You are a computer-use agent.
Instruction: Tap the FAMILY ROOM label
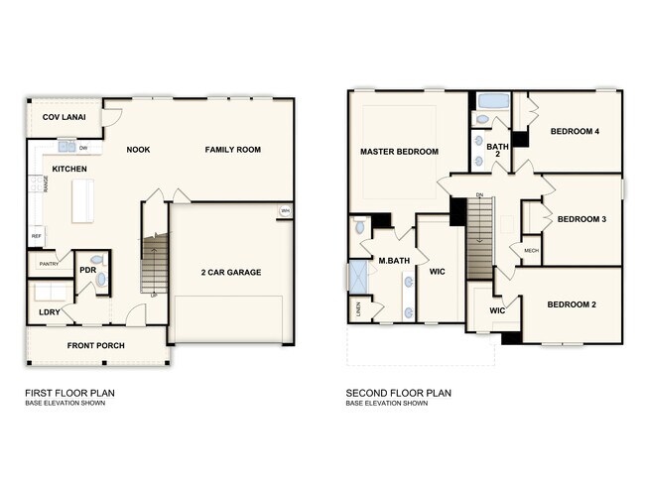tap(233, 150)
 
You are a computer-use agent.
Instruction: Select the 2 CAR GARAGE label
tap(231, 272)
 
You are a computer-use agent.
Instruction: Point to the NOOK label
tap(138, 150)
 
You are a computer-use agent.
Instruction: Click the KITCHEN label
tap(69, 170)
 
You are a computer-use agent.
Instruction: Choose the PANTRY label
tap(49, 264)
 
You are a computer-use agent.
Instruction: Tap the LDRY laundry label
tap(49, 312)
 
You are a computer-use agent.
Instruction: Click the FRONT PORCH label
tap(96, 346)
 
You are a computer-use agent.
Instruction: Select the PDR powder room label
tap(87, 270)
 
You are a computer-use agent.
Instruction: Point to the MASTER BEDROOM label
tap(400, 152)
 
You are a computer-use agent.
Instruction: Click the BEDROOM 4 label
tap(575, 131)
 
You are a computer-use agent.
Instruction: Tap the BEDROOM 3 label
tap(581, 219)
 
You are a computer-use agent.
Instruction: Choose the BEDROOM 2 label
tap(572, 304)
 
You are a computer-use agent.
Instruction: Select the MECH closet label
tap(531, 251)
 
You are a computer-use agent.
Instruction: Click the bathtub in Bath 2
tap(493, 102)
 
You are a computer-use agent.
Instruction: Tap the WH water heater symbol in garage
tap(285, 210)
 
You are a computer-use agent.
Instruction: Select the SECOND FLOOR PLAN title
tap(398, 393)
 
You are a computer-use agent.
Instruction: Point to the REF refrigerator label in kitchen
tap(37, 236)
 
